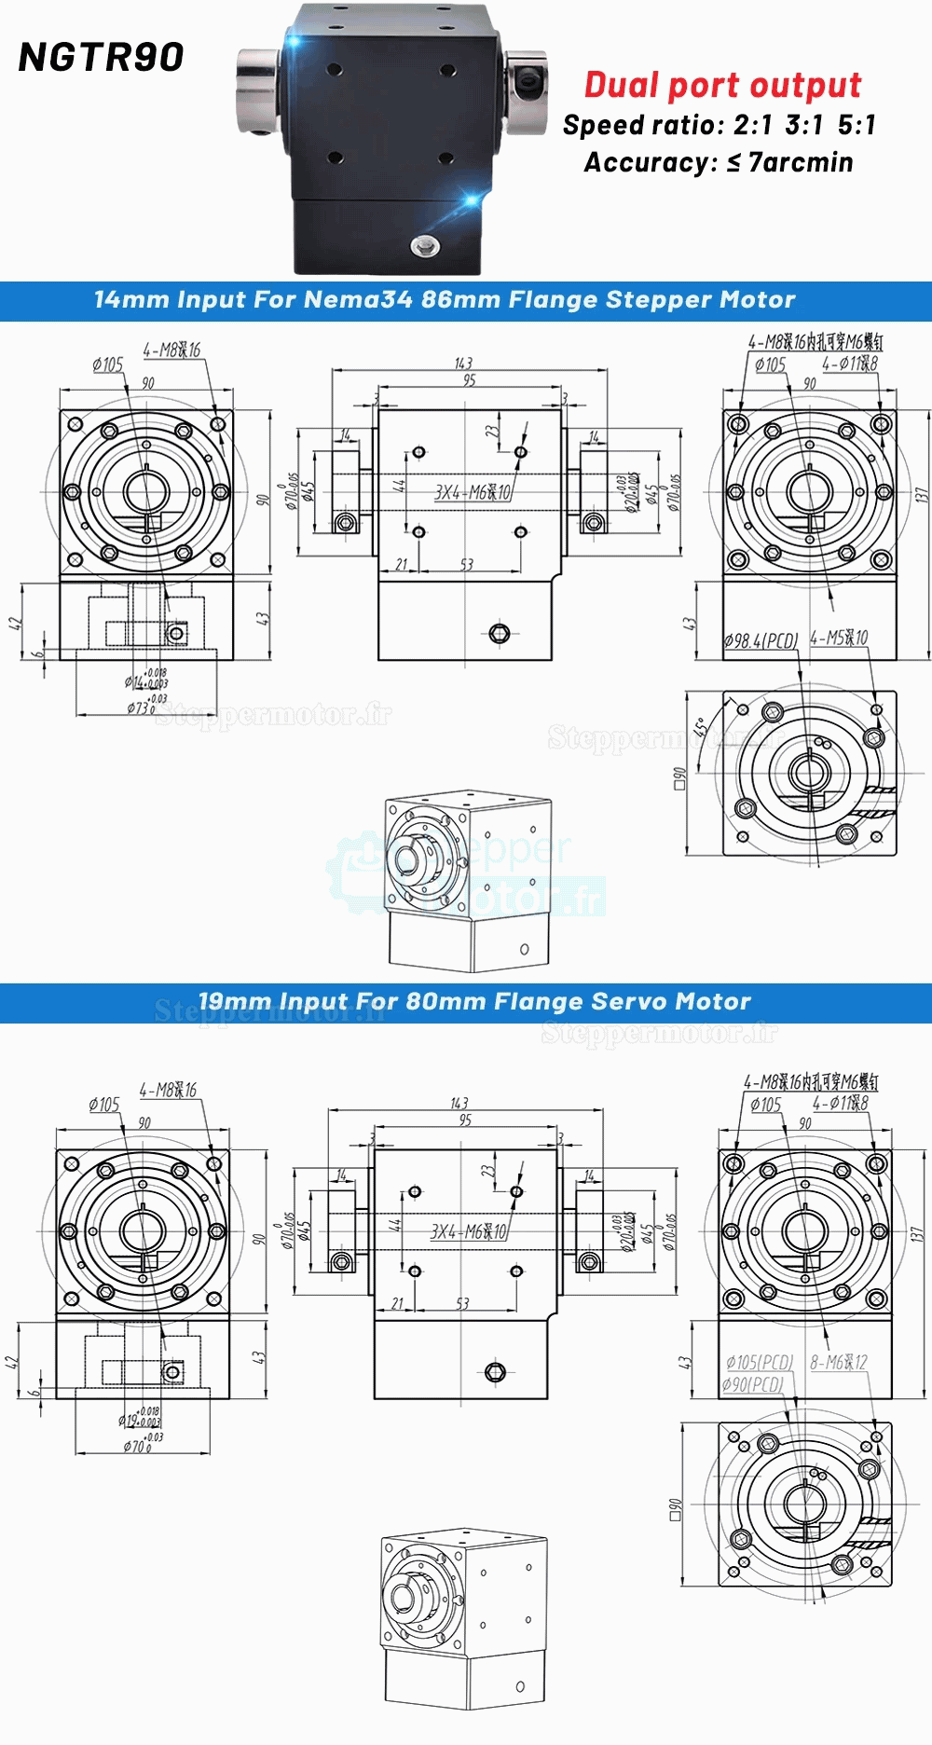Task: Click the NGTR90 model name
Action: (x=101, y=58)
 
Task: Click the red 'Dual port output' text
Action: (x=722, y=85)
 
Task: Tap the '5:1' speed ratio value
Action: (x=857, y=125)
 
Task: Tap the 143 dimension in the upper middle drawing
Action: (x=463, y=363)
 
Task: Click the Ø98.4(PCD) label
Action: (x=761, y=640)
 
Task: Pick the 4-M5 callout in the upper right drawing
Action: (x=838, y=638)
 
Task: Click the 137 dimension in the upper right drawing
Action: (x=921, y=495)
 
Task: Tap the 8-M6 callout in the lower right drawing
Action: (x=838, y=1362)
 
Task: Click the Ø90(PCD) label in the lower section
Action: (x=752, y=1384)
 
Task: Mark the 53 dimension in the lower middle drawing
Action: (x=462, y=1303)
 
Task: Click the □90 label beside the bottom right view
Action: (x=676, y=1509)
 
